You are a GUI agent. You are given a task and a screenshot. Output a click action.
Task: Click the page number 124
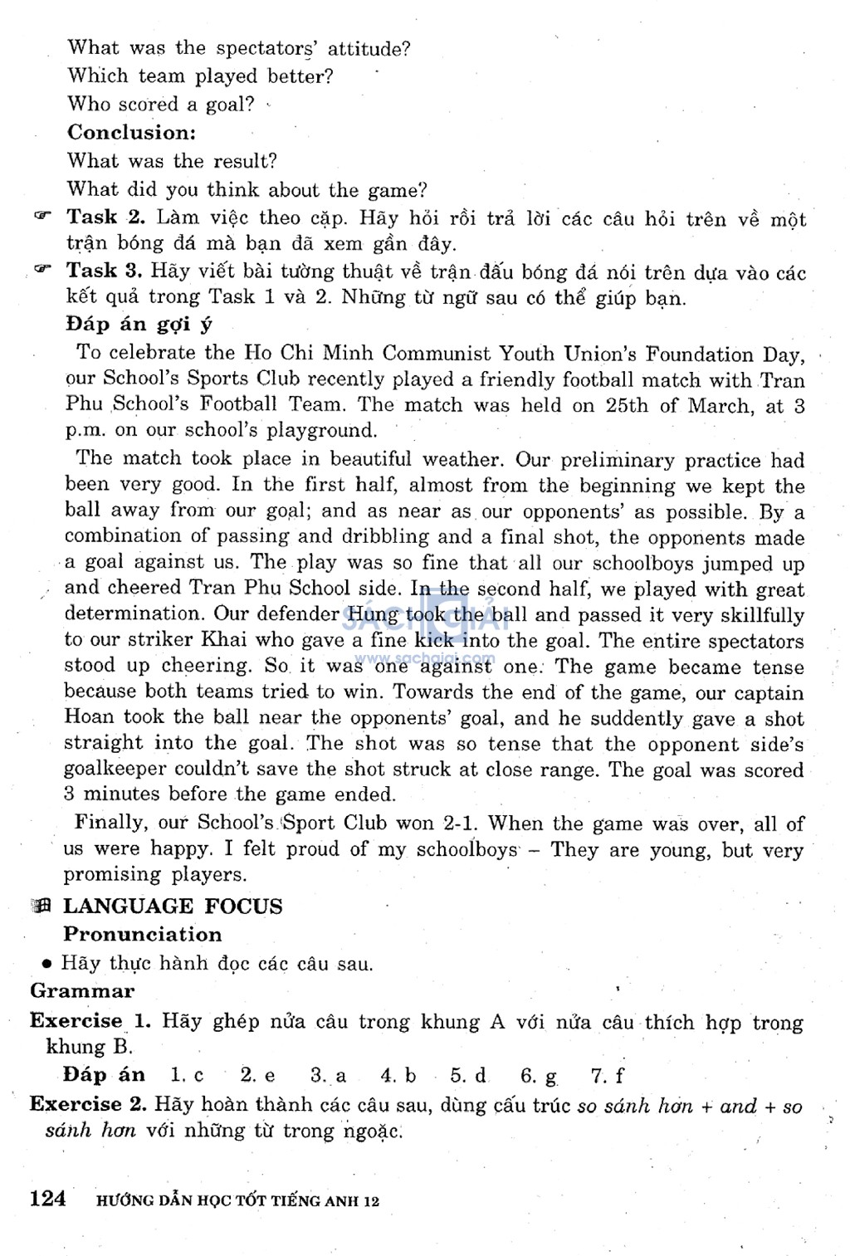tap(47, 1199)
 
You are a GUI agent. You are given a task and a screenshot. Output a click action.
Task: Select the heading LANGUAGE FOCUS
tap(173, 906)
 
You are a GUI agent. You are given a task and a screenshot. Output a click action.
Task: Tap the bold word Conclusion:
tap(131, 132)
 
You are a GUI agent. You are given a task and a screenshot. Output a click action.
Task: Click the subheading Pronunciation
tap(143, 934)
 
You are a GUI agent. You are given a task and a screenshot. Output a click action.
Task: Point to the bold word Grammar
tap(82, 990)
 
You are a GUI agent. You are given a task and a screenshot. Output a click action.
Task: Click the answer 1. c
tap(187, 1075)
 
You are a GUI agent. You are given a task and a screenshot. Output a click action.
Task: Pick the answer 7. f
tap(607, 1076)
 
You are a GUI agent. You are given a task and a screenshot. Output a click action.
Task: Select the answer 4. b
tap(398, 1076)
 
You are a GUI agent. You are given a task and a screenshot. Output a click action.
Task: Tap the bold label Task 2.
tap(106, 217)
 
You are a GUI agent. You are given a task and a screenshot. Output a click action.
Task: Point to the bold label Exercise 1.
tap(88, 1021)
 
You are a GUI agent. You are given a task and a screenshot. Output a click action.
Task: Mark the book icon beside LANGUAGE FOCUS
tap(41, 907)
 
